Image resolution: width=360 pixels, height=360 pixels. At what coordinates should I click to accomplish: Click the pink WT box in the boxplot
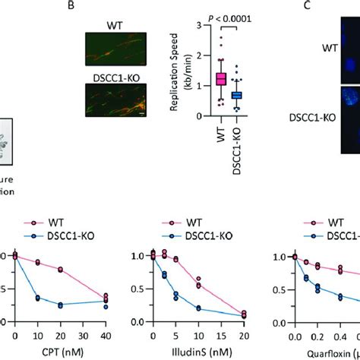[200, 78]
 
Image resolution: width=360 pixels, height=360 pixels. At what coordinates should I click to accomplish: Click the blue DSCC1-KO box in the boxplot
[236, 95]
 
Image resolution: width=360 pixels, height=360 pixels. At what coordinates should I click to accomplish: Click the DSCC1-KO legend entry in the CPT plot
[72, 236]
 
